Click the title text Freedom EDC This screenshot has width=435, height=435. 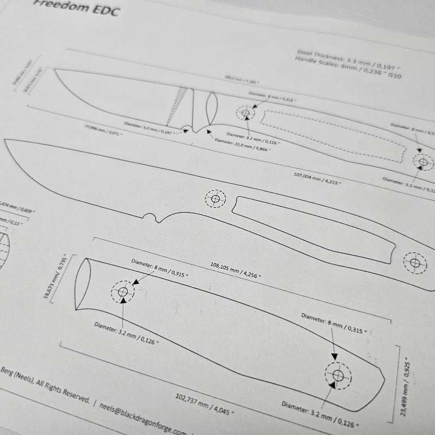point(77,8)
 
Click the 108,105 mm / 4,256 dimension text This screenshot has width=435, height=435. point(235,270)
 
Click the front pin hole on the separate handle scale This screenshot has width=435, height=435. point(123,293)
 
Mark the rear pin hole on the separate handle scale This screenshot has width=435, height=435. point(338,376)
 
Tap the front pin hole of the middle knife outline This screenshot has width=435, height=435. point(215,199)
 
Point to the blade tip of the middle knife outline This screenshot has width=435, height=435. point(6,141)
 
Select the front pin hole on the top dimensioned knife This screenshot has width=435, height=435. point(245,114)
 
